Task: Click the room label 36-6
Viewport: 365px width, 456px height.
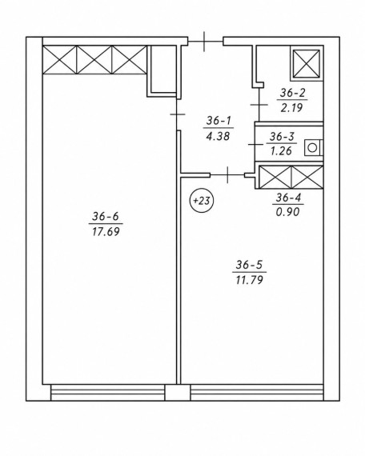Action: click(106, 216)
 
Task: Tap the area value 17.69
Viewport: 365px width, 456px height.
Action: click(106, 232)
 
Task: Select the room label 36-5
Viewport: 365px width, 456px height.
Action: click(249, 265)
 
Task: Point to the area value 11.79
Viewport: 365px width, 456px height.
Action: click(250, 280)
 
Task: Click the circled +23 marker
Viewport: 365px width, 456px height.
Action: click(202, 201)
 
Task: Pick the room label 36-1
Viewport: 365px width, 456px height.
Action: click(219, 120)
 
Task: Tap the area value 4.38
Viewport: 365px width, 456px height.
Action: click(218, 136)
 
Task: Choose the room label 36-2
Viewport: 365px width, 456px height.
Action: click(292, 93)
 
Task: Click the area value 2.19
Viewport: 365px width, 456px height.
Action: click(292, 108)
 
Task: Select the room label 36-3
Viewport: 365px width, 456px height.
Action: click(282, 136)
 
